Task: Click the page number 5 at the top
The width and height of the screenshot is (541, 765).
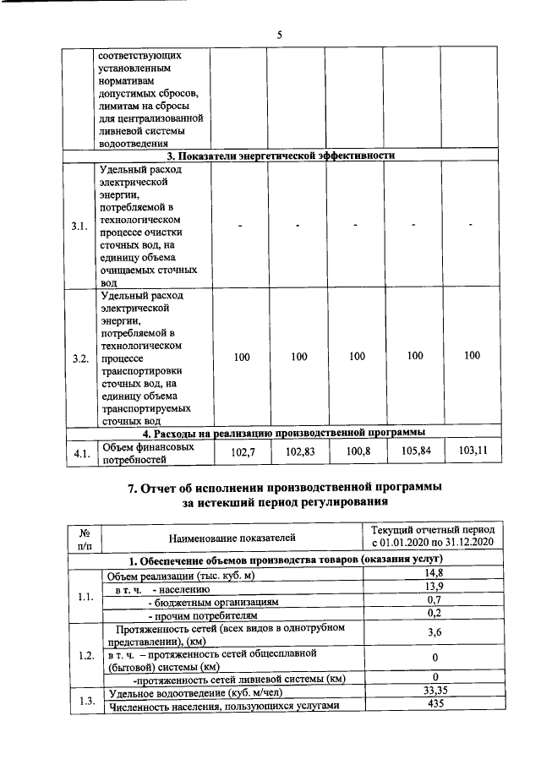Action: [x=279, y=35]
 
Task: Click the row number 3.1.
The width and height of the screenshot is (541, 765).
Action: [x=81, y=227]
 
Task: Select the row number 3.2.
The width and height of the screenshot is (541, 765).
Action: [x=81, y=358]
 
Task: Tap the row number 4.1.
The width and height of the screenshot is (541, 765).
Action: [x=81, y=454]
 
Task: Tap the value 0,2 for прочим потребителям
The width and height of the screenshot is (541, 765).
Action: [x=434, y=613]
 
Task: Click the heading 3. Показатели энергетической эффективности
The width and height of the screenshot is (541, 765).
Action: [x=280, y=156]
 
